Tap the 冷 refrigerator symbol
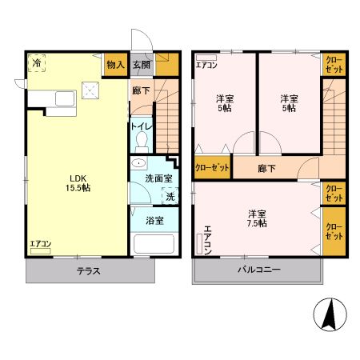pos(38,63)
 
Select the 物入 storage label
pos(114,65)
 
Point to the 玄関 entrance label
pos(142,65)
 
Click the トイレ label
pos(142,126)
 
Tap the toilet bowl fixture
pos(142,141)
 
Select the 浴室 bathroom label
pos(154,220)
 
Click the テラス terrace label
pos(88,271)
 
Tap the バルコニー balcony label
pos(258,270)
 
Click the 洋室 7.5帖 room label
pos(257,218)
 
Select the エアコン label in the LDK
pos(41,243)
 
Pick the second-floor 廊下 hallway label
pos(266,169)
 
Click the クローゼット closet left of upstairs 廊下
pos(212,168)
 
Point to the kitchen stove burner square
pos(91,93)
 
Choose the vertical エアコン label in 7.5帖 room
pos(207,240)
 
